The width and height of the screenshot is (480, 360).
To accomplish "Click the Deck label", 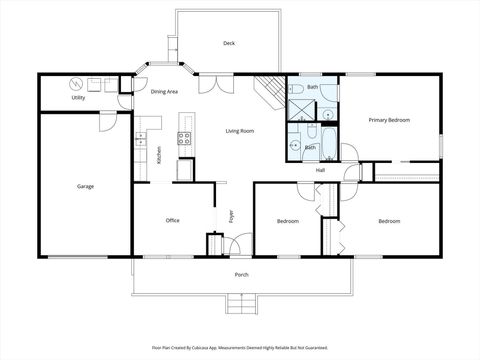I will point(229,43).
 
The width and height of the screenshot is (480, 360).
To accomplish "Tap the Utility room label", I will point(77,98).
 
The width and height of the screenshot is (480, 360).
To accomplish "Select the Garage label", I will point(86,186).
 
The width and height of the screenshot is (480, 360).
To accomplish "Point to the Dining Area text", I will point(165,92).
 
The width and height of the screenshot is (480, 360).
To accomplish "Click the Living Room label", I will point(239,131).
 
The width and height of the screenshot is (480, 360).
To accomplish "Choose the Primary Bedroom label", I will point(389,120).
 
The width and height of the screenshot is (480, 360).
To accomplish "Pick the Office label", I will point(172,220).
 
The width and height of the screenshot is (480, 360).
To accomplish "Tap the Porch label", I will point(241,274).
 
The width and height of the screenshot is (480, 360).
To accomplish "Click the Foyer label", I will point(230,214).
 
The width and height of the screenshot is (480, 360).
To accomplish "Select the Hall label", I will point(320,169).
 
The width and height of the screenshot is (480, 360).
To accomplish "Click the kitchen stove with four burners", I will point(185,139).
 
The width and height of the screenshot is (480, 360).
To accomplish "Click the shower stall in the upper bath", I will point(300,106).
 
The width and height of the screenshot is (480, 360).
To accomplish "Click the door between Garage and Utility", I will point(108,118).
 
